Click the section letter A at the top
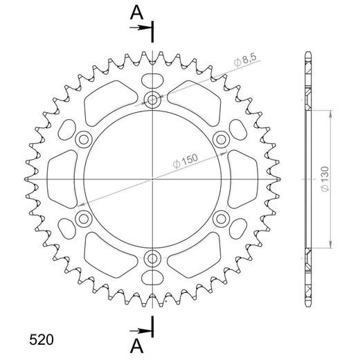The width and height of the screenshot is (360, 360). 138,12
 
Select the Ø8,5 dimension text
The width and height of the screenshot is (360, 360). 247,63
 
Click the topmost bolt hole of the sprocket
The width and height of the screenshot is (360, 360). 152,100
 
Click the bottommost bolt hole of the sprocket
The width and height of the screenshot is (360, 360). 152,258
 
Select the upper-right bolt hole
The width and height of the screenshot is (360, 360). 221,139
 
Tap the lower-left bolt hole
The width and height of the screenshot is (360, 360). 84,219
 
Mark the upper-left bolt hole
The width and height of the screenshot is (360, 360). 84,139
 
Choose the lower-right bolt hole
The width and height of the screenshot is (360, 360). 221,219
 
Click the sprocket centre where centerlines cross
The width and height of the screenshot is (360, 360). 152,179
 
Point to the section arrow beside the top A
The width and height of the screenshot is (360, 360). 141,28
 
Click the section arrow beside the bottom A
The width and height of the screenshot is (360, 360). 141,330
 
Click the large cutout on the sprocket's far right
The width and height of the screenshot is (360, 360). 244,179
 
